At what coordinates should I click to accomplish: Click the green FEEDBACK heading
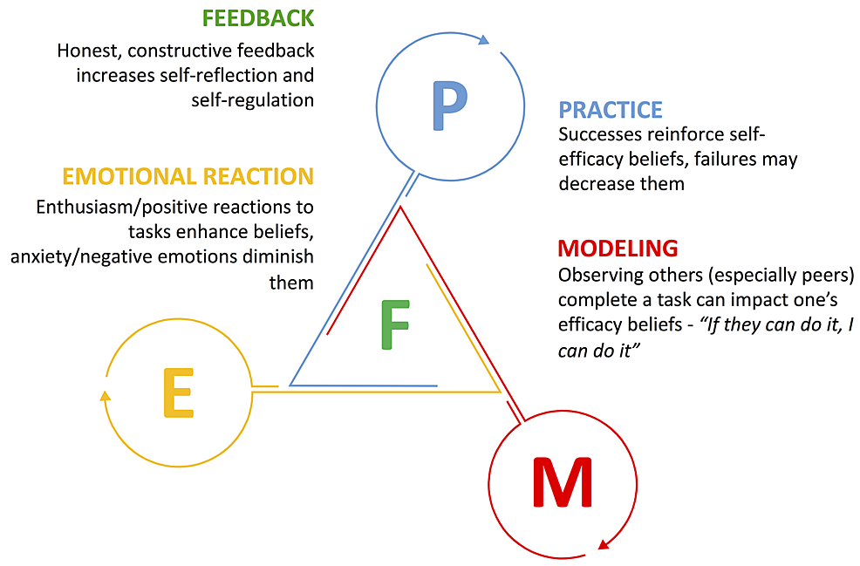[257, 18]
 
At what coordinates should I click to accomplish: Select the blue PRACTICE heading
[611, 110]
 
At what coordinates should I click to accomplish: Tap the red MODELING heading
[618, 249]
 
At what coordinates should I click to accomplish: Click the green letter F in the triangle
[395, 324]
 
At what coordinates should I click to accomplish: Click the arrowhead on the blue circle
[485, 39]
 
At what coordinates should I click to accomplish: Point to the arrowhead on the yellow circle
[106, 395]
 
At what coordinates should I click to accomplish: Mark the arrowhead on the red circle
[602, 546]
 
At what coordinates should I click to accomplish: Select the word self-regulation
[253, 99]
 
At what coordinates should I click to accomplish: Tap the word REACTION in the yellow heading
[257, 176]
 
